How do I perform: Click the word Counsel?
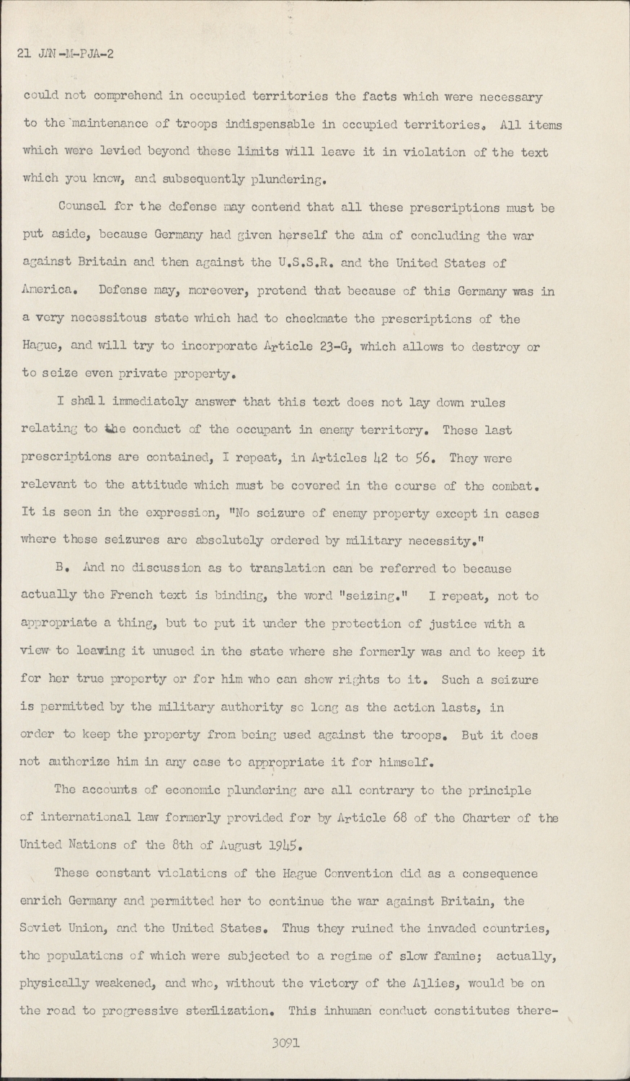(81, 208)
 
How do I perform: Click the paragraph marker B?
(61, 569)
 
